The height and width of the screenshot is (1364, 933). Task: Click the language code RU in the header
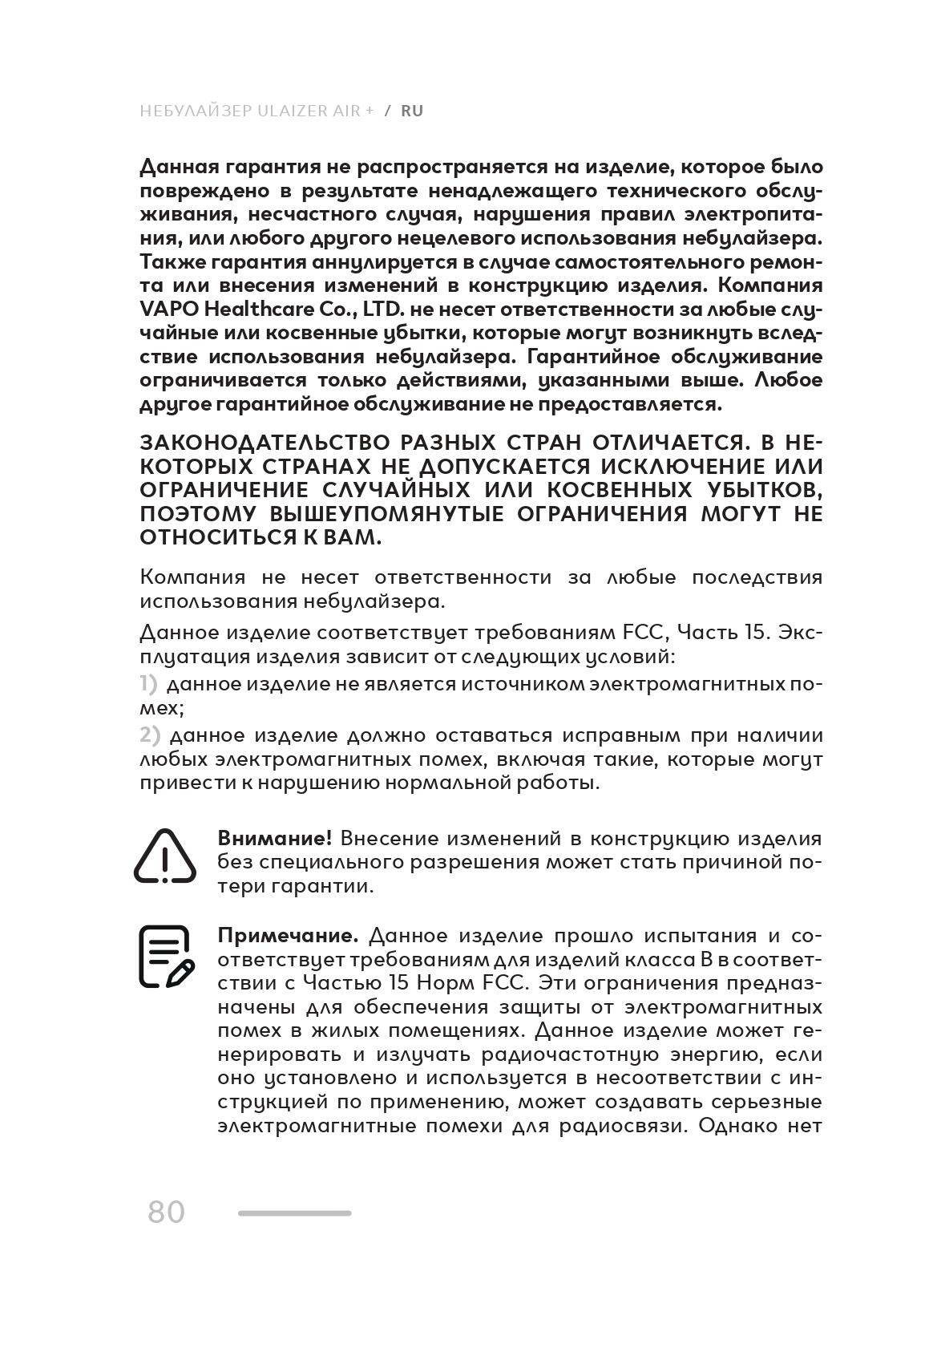(412, 111)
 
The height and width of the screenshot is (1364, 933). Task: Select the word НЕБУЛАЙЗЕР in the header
(196, 111)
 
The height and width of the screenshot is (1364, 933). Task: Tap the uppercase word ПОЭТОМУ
(200, 514)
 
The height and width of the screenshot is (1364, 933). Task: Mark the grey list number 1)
(149, 684)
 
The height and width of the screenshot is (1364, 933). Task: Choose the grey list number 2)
(151, 735)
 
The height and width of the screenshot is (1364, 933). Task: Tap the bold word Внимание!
(275, 839)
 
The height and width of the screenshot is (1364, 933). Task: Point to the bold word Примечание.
(288, 936)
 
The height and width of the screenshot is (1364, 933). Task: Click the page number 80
(166, 1212)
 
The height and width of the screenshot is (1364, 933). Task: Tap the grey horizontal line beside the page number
(294, 1213)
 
